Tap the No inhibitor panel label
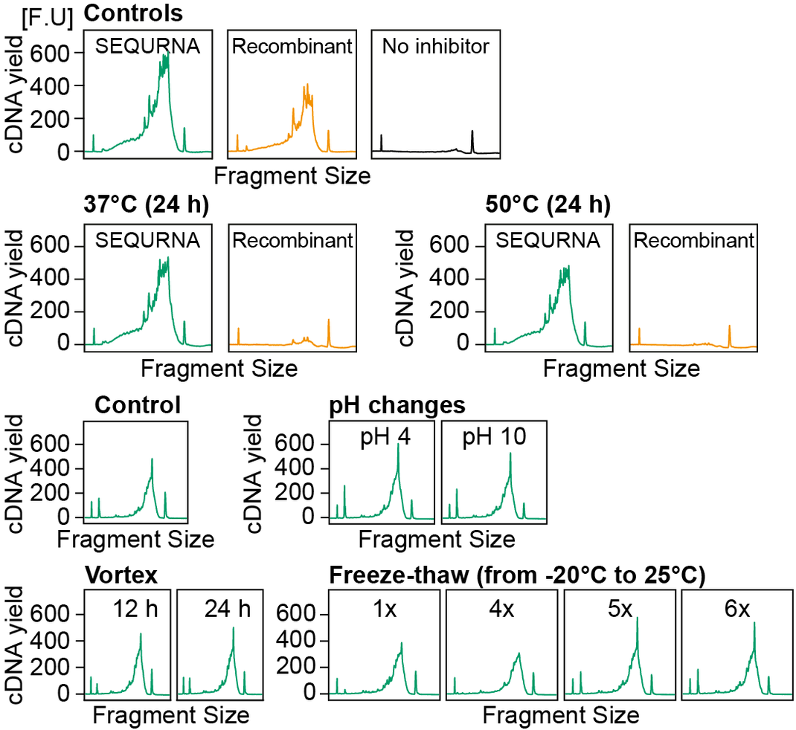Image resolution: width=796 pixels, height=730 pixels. [x=435, y=47]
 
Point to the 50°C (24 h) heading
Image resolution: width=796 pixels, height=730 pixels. [x=546, y=206]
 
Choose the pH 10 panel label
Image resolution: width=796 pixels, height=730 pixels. [x=494, y=437]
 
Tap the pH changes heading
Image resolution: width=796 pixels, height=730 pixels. [x=398, y=406]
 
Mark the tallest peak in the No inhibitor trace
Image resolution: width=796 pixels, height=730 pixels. [x=472, y=132]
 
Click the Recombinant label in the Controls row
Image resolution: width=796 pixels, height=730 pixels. [x=292, y=47]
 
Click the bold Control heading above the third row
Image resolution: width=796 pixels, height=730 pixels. [x=138, y=406]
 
